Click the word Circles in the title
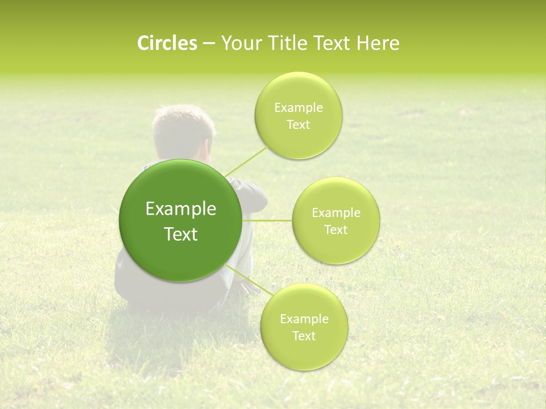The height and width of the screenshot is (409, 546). coord(167,43)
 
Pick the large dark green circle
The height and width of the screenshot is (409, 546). coord(181,220)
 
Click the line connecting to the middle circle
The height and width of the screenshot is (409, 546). coord(267,220)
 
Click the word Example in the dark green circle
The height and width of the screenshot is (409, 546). coord(181,209)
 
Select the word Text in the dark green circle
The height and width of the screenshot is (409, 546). coord(181,234)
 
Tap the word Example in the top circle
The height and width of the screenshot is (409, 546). coord(299,108)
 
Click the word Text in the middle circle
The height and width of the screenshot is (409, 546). coord(336,229)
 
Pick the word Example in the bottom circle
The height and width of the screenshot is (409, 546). coord(304,319)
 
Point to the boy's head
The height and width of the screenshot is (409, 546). coord(183,133)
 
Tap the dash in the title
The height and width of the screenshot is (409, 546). coord(209,44)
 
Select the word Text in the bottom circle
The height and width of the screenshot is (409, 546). coord(304,336)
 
